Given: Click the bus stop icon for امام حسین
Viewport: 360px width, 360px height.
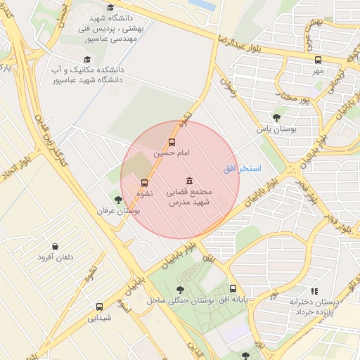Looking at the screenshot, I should [x=173, y=141].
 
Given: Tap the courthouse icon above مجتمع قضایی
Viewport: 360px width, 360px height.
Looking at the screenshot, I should [x=188, y=181].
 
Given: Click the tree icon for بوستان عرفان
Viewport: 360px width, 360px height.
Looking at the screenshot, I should [x=118, y=200].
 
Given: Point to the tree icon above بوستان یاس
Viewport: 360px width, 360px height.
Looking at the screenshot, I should [x=276, y=118].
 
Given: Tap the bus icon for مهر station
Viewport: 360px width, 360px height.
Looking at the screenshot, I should [x=318, y=60].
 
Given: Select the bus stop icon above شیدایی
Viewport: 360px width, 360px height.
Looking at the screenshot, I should [x=99, y=307].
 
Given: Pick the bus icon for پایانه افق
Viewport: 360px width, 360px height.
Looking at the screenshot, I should [x=233, y=289].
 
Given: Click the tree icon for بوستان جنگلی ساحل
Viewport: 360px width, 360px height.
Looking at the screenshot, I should [x=181, y=290].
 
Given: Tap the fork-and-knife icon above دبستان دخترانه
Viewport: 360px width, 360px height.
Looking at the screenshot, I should [x=314, y=290].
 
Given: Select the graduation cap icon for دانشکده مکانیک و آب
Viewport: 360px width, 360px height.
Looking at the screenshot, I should [x=87, y=60].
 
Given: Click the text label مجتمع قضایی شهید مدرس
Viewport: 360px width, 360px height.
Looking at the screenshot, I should [x=188, y=197].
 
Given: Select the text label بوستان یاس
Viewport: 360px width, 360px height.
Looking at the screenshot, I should [x=277, y=130].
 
